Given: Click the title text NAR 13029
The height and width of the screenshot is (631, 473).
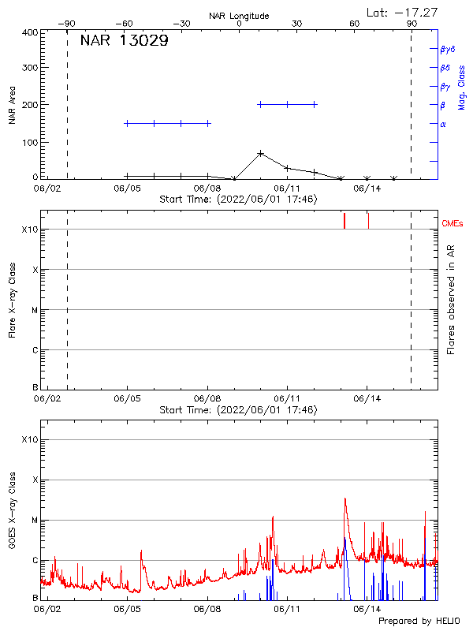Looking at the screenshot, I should [124, 42].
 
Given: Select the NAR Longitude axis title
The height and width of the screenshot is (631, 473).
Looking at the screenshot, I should [239, 16].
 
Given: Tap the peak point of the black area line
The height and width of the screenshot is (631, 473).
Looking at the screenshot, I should [261, 153].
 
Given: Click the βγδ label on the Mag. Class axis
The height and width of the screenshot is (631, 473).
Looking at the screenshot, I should [449, 49].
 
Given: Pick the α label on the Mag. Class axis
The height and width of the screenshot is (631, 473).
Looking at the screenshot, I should [443, 124].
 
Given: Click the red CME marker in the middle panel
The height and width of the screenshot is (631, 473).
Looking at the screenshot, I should [345, 220].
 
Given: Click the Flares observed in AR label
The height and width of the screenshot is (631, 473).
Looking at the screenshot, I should [452, 299].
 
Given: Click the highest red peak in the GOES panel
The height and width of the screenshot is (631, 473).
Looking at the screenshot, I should [345, 498].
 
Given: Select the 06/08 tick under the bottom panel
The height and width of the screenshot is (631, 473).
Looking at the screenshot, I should [207, 609].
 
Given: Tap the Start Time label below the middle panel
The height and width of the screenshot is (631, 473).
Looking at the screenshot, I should [238, 410].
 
